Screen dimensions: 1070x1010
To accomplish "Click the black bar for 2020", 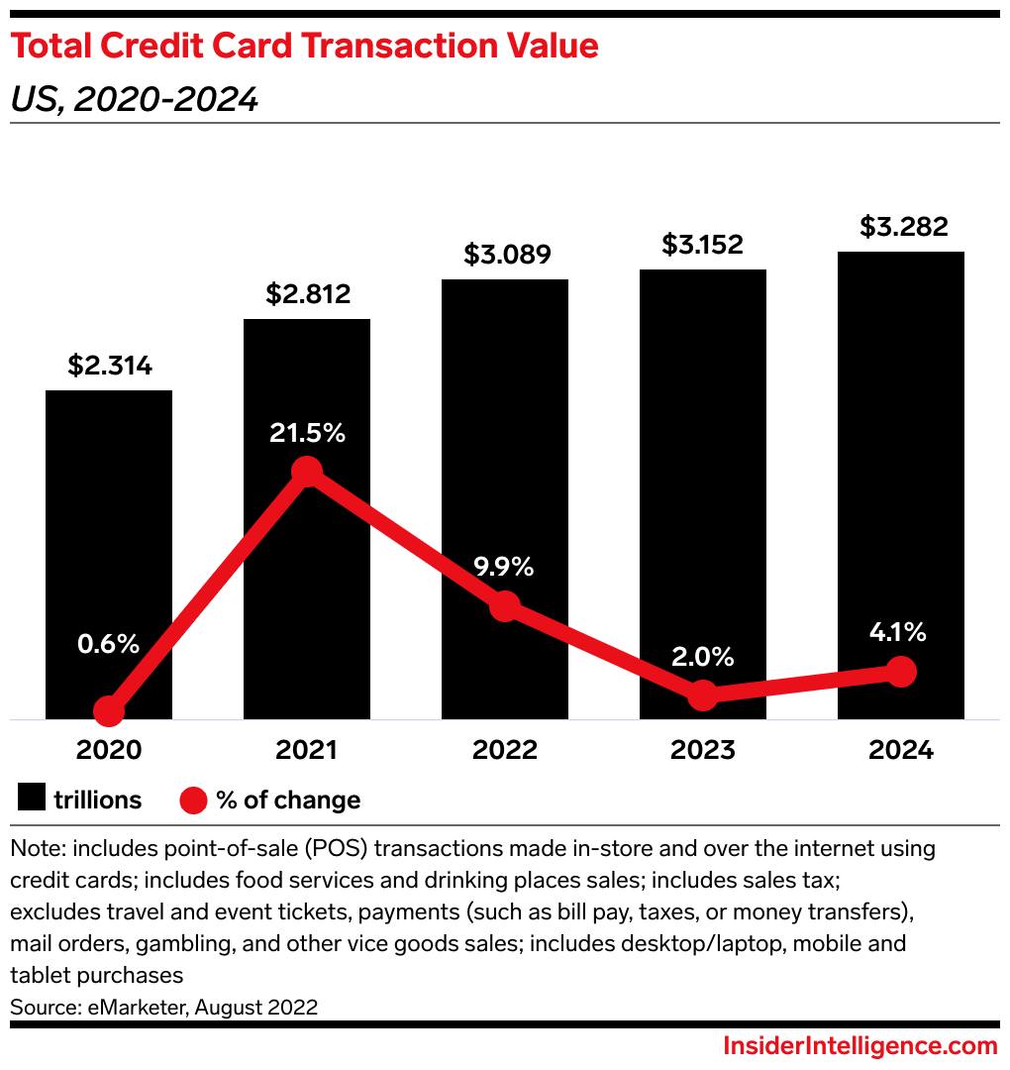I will [x=109, y=535].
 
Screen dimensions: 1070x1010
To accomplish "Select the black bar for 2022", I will [x=505, y=446].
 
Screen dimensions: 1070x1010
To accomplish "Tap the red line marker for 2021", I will [x=307, y=473].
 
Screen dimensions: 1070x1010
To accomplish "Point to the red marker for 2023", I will [x=702, y=695].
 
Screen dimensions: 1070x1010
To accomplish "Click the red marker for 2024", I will [x=900, y=672].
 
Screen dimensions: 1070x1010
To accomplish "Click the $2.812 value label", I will [x=307, y=294].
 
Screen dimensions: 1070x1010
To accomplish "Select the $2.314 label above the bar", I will [x=109, y=366].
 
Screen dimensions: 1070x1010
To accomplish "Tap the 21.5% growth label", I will [x=307, y=433].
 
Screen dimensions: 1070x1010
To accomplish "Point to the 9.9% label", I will [x=505, y=567].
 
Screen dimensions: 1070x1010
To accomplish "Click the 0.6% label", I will [x=109, y=644].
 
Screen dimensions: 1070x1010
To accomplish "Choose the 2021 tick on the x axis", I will [x=307, y=750].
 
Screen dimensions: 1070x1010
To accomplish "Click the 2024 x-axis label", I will [x=900, y=750].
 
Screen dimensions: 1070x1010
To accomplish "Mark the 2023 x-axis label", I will [x=702, y=750].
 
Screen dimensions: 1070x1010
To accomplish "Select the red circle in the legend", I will [x=192, y=800].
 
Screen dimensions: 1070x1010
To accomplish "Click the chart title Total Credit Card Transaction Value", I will [x=305, y=47].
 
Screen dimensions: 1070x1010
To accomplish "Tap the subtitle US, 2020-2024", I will [x=135, y=99].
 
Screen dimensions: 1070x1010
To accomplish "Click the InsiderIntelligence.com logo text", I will [x=859, y=1046].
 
